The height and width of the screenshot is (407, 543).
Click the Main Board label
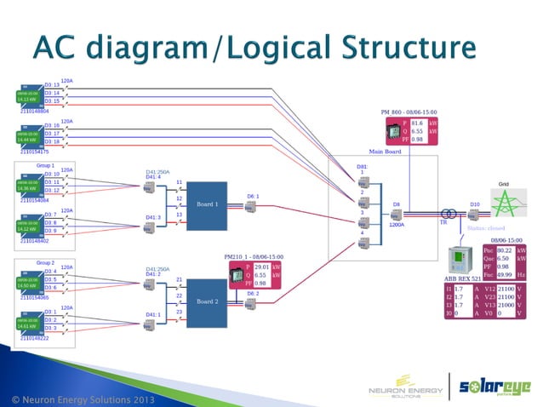385,151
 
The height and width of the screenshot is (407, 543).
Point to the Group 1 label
46,165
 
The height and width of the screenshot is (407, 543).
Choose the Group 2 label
46,263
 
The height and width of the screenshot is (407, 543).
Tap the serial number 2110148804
35,112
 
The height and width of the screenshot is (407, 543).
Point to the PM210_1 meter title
254,256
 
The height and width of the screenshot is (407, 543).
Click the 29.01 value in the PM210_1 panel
261,267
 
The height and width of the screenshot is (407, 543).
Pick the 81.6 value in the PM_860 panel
417,123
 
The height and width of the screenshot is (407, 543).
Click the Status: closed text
488,229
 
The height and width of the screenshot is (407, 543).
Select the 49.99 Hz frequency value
504,274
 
